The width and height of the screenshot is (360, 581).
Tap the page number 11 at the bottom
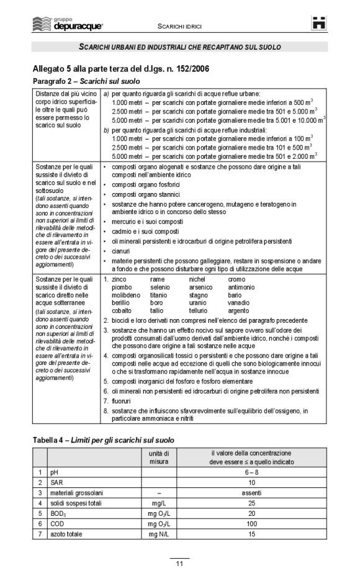179,564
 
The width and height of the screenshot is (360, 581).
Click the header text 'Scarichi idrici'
179,27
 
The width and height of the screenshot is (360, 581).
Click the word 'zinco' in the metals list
119,280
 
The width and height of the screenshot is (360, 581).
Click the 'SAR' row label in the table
56,482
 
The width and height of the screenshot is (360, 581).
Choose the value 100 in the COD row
251,523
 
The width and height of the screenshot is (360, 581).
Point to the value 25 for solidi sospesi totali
251,503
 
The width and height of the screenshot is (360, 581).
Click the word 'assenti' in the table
251,492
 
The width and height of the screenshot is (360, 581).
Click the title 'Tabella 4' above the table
53,439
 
